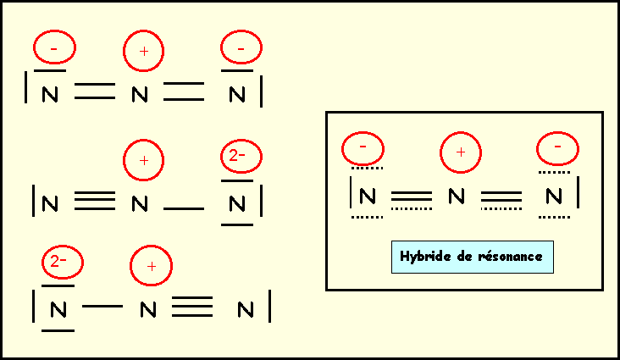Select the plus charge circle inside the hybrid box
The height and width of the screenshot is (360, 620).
tap(461, 153)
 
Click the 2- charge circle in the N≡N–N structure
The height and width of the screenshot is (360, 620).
tap(239, 156)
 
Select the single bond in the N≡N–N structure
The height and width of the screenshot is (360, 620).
tap(183, 207)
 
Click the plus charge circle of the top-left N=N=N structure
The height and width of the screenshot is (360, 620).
tap(144, 53)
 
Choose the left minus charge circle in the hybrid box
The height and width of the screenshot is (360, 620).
tap(363, 148)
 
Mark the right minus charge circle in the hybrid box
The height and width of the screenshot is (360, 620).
tap(557, 148)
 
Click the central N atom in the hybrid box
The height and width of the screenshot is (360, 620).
tap(457, 197)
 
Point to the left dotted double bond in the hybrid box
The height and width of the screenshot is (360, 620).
tap(412, 199)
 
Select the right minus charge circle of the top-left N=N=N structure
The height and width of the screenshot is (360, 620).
tap(241, 51)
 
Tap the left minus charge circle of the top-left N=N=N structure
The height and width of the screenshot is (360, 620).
tap(54, 50)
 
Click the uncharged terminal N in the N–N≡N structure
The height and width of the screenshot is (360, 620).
tap(246, 310)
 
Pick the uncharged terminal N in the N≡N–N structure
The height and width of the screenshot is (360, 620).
tap(51, 204)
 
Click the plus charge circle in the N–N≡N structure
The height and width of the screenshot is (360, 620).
tap(151, 266)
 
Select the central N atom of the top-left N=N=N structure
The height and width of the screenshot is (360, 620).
tap(141, 95)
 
